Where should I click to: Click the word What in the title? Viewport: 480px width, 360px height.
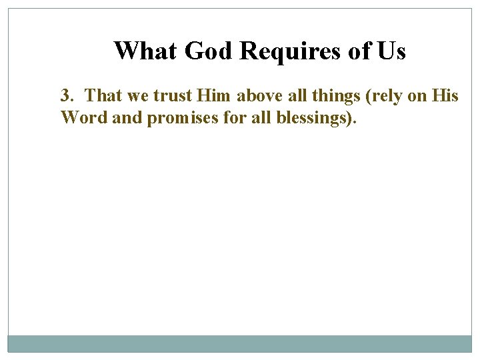pos(146,51)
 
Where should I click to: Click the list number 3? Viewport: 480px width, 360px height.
pos(66,96)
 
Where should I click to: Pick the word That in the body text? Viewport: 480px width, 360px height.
pos(103,96)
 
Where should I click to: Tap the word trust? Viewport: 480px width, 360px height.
pos(173,96)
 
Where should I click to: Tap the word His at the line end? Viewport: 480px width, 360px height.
pos(445,96)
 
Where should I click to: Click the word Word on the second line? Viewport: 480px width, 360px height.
pos(80,117)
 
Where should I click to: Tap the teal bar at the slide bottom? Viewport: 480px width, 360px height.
pos(240,343)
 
